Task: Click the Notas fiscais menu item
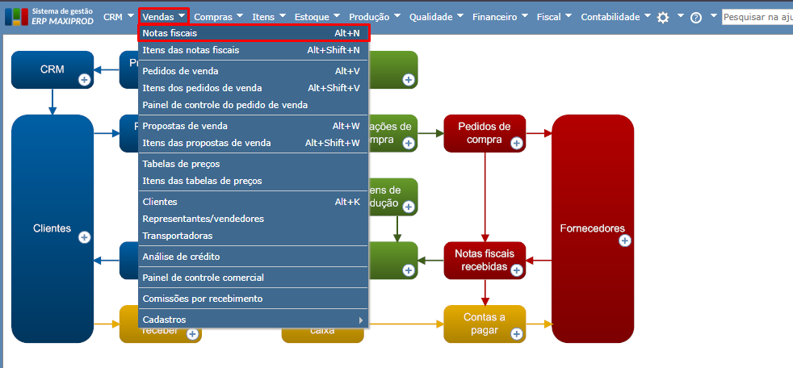(x=170, y=33)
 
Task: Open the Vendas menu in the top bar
(x=158, y=16)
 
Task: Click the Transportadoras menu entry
(x=177, y=236)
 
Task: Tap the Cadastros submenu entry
(x=164, y=320)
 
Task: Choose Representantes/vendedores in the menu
(x=203, y=219)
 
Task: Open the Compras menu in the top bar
(x=213, y=16)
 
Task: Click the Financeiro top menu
(x=495, y=16)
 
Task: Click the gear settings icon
(x=663, y=17)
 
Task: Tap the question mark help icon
(x=696, y=17)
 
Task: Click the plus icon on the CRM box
(x=84, y=79)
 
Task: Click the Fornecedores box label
(x=592, y=228)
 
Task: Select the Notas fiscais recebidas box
(x=485, y=260)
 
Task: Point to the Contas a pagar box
(x=485, y=323)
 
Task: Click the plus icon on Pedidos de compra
(x=516, y=143)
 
